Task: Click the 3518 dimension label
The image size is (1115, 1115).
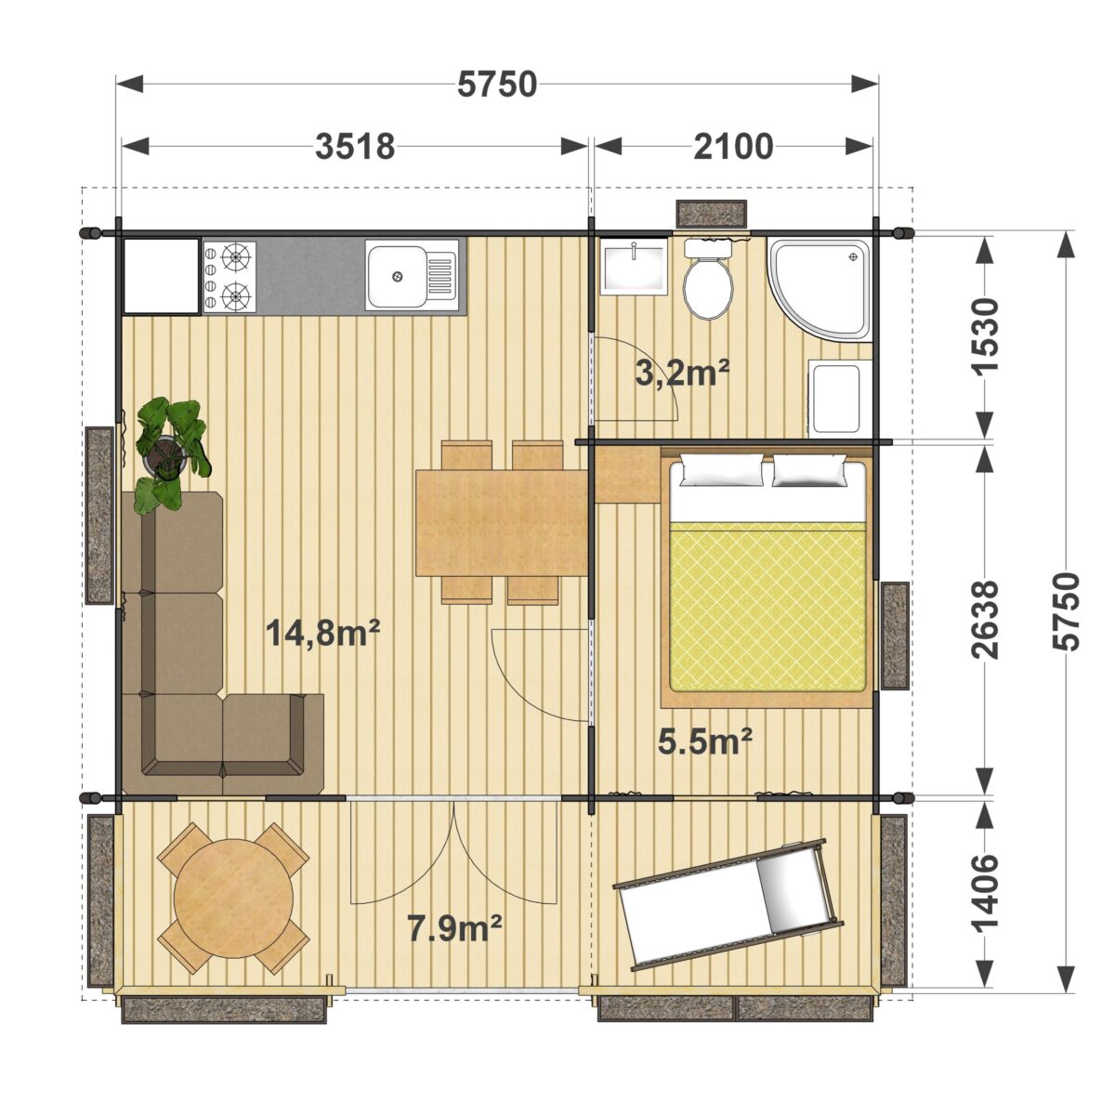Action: [x=355, y=147]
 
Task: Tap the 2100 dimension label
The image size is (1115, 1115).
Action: [x=733, y=147]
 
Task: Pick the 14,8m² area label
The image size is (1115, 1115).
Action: [x=322, y=633]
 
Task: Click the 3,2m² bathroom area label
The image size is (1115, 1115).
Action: [x=682, y=374]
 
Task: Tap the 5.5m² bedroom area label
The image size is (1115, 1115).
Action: [x=705, y=741]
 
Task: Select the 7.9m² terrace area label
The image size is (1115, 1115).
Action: [x=454, y=927]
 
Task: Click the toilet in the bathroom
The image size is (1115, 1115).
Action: [x=708, y=281]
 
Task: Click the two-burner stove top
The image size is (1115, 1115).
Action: [x=230, y=275]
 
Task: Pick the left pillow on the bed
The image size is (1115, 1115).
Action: [x=722, y=468]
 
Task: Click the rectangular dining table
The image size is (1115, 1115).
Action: [x=502, y=523]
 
